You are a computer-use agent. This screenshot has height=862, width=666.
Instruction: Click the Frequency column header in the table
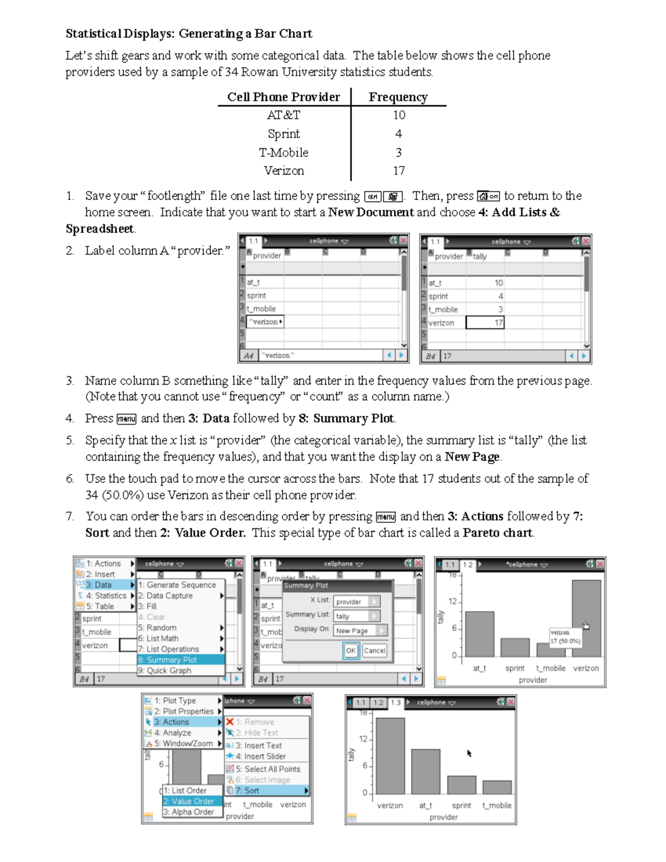(x=398, y=97)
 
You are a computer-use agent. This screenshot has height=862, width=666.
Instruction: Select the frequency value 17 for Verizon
(x=399, y=171)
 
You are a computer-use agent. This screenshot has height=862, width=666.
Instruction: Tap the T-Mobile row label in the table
(x=284, y=153)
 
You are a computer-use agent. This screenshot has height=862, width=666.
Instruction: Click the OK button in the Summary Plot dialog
(x=351, y=651)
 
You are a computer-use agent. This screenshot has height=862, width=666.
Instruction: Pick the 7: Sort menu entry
(x=266, y=790)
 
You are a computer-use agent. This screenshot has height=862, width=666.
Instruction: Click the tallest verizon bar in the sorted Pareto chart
(x=390, y=755)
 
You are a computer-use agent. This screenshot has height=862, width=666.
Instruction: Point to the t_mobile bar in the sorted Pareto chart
(x=497, y=787)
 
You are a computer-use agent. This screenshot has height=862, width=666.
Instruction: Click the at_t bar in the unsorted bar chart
(x=480, y=634)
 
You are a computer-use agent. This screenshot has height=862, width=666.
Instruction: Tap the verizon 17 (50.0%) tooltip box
(x=565, y=637)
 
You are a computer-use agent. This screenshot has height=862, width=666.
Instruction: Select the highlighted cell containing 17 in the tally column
(x=485, y=322)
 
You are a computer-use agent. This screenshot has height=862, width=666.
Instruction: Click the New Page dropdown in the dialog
(x=360, y=631)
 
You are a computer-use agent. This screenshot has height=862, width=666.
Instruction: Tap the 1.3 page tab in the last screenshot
(x=395, y=703)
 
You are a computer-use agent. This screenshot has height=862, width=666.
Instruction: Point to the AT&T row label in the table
(x=284, y=115)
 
